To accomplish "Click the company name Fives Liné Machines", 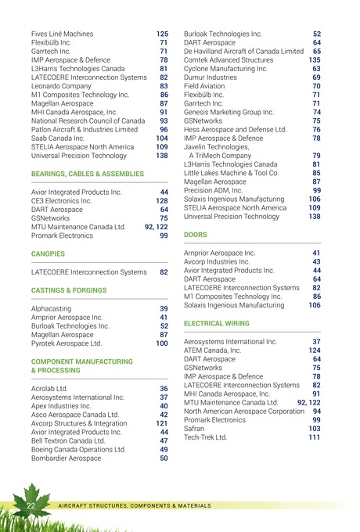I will point(62,34).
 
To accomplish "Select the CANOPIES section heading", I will point(49,254).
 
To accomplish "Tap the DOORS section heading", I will point(195,235).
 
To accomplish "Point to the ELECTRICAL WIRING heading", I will point(217,323).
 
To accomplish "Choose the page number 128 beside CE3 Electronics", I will point(162,201).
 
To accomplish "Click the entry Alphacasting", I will point(52,309).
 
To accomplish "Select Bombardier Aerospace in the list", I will point(66,458).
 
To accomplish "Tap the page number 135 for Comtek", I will point(315,59).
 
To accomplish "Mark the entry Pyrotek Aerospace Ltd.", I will point(67,343).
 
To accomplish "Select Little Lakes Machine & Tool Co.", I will point(233,173).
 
